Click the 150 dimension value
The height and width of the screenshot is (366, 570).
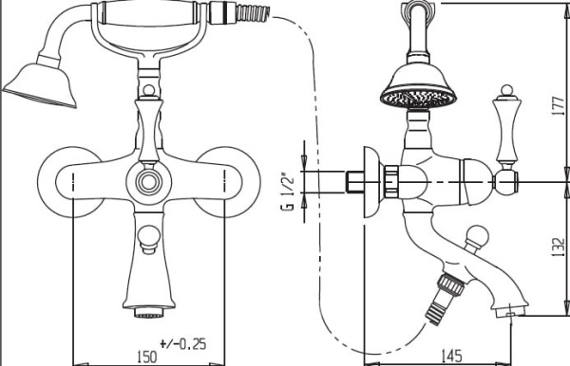tap(147, 357)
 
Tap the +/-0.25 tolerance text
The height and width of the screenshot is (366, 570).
tap(182, 343)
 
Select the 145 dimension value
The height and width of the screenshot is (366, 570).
tap(451, 356)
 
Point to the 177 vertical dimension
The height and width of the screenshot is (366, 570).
tap(559, 106)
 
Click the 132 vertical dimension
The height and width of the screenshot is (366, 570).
tap(559, 247)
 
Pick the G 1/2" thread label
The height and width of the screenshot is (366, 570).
tap(287, 193)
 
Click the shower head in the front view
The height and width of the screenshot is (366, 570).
tap(41, 85)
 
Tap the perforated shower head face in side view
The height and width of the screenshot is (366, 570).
tap(418, 98)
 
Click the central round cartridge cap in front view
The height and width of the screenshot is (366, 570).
tap(149, 182)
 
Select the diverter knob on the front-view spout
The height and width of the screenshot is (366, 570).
tap(149, 239)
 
